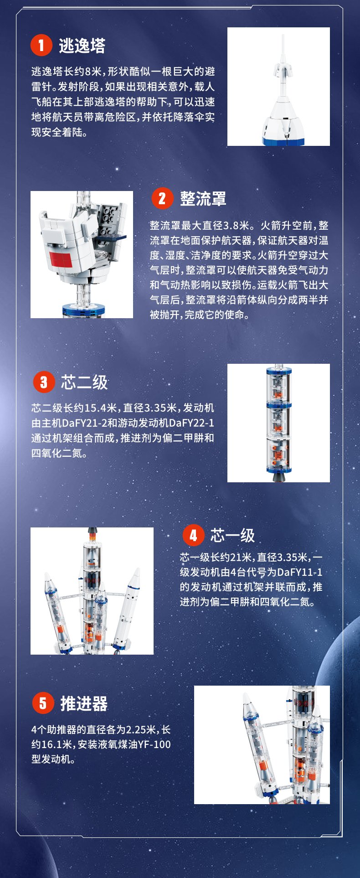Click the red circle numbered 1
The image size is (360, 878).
tap(41, 45)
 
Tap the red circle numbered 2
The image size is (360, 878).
tap(162, 198)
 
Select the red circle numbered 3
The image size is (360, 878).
tap(44, 382)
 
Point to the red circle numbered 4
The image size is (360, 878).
tap(193, 535)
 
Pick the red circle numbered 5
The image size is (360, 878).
tap(43, 703)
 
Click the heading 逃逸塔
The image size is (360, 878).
tap(82, 46)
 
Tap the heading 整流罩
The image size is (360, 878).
tap(203, 199)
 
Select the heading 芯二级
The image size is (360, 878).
tap(84, 382)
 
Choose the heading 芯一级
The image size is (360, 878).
tap(232, 536)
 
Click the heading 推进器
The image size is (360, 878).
tap(84, 703)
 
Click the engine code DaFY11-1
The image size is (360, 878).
tap(299, 572)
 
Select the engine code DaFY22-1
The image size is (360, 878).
tap(191, 423)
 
